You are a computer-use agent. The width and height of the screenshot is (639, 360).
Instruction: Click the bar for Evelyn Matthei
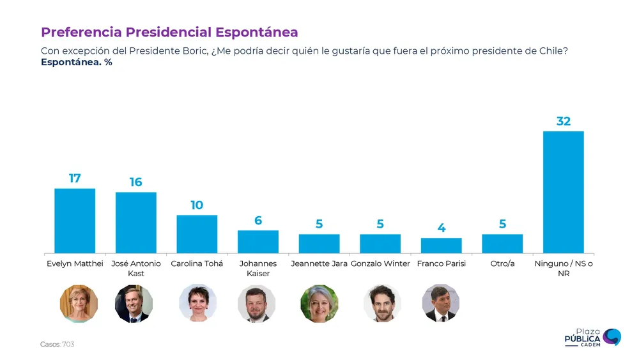pyautogui.click(x=75, y=221)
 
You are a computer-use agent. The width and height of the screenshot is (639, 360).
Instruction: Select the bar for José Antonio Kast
pyautogui.click(x=135, y=223)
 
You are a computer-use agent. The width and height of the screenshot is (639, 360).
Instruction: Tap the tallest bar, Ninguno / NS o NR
pyautogui.click(x=563, y=192)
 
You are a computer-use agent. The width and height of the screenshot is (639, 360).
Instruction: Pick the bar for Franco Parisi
pyautogui.click(x=441, y=246)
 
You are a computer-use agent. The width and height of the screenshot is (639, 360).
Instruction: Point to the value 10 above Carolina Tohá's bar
pyautogui.click(x=197, y=205)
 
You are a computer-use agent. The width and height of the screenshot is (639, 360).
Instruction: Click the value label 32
pyautogui.click(x=563, y=121)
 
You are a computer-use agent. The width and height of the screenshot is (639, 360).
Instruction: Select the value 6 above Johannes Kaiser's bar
pyautogui.click(x=258, y=221)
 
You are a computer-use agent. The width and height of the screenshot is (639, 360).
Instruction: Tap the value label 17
pyautogui.click(x=75, y=178)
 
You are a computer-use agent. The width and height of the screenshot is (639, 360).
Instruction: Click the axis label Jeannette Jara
pyautogui.click(x=319, y=263)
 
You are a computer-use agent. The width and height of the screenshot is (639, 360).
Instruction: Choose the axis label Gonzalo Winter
pyautogui.click(x=380, y=263)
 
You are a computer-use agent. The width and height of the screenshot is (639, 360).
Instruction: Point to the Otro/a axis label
pyautogui.click(x=502, y=263)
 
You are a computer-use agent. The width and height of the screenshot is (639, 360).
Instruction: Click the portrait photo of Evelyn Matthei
pyautogui.click(x=79, y=304)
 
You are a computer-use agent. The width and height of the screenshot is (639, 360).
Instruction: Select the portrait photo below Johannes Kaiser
pyautogui.click(x=256, y=304)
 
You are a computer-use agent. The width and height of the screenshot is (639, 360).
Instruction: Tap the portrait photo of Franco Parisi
pyautogui.click(x=441, y=303)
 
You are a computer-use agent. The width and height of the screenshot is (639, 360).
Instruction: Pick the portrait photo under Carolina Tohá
pyautogui.click(x=197, y=303)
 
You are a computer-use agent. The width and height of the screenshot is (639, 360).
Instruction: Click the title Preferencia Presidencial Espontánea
pyautogui.click(x=169, y=32)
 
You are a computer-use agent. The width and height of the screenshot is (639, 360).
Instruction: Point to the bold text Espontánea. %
pyautogui.click(x=77, y=62)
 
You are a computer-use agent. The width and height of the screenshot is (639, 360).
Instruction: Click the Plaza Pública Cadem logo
pyautogui.click(x=592, y=338)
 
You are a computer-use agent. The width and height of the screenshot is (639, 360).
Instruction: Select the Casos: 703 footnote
pyautogui.click(x=58, y=344)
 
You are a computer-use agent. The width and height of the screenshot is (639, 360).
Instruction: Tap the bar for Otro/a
pyautogui.click(x=502, y=244)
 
